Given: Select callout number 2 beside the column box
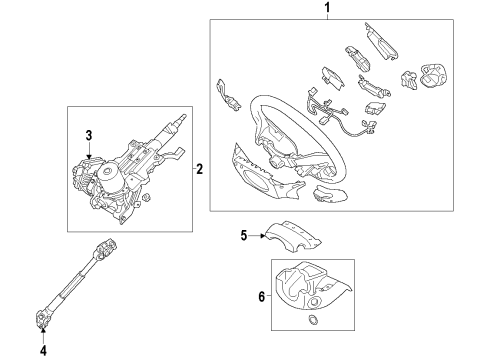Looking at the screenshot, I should tap(199, 170).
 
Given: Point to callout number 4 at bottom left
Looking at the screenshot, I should tap(43, 350).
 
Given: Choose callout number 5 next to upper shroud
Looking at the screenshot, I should tap(242, 236).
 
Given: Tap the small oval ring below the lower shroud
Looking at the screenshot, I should tap(314, 320).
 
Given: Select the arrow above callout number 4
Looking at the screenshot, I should tap(43, 334).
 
